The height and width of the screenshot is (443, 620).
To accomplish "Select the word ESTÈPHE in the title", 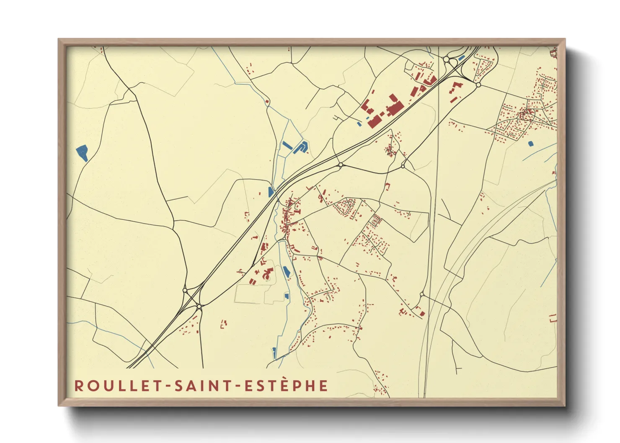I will tap(286, 386).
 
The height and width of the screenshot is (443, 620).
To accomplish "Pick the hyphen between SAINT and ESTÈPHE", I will tap(239, 386).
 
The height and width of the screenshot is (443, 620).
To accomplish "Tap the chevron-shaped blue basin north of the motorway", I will tap(301, 147).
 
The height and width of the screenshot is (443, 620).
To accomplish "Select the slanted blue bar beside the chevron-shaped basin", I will tap(287, 146).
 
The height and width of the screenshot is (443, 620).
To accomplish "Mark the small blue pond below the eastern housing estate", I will tap(531, 144).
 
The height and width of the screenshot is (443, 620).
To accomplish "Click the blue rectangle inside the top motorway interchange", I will tap(462, 58).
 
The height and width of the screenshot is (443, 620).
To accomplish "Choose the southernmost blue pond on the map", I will tap(274, 353).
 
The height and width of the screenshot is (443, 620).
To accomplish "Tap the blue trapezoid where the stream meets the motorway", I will tap(271, 192).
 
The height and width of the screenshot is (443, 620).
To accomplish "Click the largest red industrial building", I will tap(394, 107).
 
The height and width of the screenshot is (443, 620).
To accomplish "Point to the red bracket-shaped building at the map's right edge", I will tap(553, 318).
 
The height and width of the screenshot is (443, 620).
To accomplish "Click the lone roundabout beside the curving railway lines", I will tap(422, 295).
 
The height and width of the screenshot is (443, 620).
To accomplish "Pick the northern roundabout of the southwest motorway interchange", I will tap(185, 290).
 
